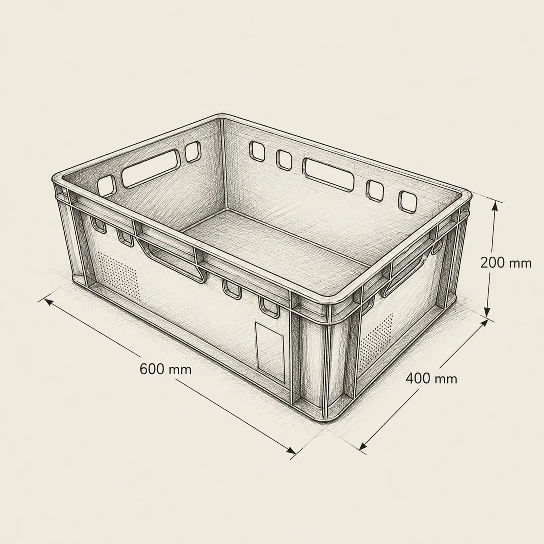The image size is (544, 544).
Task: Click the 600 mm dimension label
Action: point(165,369)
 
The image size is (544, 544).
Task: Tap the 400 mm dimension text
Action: point(431,378)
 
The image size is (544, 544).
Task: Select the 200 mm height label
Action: point(506,263)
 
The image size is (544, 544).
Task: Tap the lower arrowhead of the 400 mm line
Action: point(364,445)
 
